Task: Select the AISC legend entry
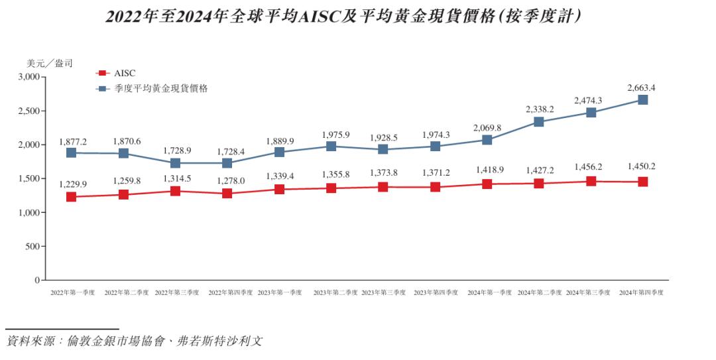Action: pyautogui.click(x=120, y=73)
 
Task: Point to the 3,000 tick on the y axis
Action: pyautogui.click(x=30, y=77)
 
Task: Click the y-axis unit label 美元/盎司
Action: pyautogui.click(x=49, y=64)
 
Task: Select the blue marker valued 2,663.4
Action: pyautogui.click(x=642, y=100)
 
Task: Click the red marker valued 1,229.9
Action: pyautogui.click(x=72, y=197)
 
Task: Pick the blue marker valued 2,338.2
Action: pyautogui.click(x=539, y=122)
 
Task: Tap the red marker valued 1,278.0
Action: pyautogui.click(x=227, y=194)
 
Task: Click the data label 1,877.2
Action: pyautogui.click(x=72, y=141)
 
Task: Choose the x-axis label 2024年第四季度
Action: pyautogui.click(x=640, y=292)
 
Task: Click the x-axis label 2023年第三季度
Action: pyautogui.click(x=383, y=292)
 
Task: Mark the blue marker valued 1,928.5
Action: pyautogui.click(x=383, y=150)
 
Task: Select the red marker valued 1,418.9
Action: pyautogui.click(x=487, y=184)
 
